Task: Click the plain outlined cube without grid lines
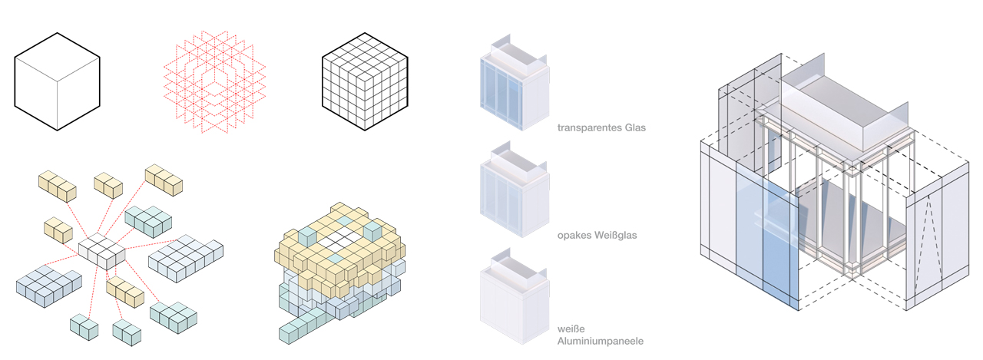pyautogui.click(x=57, y=81)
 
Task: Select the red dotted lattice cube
pyautogui.click(x=214, y=81)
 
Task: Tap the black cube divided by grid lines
pyautogui.click(x=365, y=81)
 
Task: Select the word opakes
pyautogui.click(x=574, y=236)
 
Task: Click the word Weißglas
pyautogui.click(x=616, y=236)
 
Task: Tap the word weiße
pyautogui.click(x=571, y=329)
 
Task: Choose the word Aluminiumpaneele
pyautogui.click(x=601, y=341)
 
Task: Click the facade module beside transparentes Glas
pyautogui.click(x=515, y=84)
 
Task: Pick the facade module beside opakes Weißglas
pyautogui.click(x=515, y=190)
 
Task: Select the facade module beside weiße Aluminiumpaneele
pyautogui.click(x=515, y=297)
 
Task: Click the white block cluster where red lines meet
pyautogui.click(x=102, y=251)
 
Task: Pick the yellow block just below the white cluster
pyautogui.click(x=125, y=292)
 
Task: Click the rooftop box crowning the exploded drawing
pyautogui.click(x=843, y=113)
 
